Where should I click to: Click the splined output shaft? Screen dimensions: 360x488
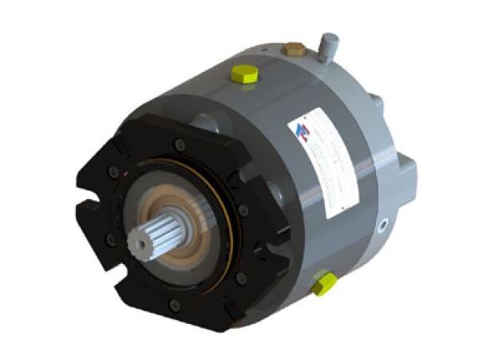coord(157,232)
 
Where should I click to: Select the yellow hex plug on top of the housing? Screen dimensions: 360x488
coord(245,75)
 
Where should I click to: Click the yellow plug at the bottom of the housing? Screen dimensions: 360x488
coord(324,283)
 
